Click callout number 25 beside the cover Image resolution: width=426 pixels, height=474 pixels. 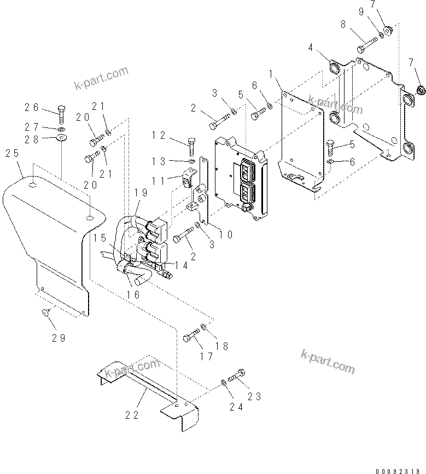pyautogui.click(x=12, y=155)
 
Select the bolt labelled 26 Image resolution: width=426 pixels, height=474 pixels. pyautogui.click(x=60, y=113)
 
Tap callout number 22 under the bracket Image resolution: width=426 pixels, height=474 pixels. pyautogui.click(x=132, y=415)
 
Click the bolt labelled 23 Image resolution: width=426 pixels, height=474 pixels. pyautogui.click(x=236, y=376)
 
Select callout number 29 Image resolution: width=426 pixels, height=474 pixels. pyautogui.click(x=58, y=337)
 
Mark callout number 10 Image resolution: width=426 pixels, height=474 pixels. pyautogui.click(x=226, y=235)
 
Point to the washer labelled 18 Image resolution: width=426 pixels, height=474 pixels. pyautogui.click(x=203, y=327)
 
